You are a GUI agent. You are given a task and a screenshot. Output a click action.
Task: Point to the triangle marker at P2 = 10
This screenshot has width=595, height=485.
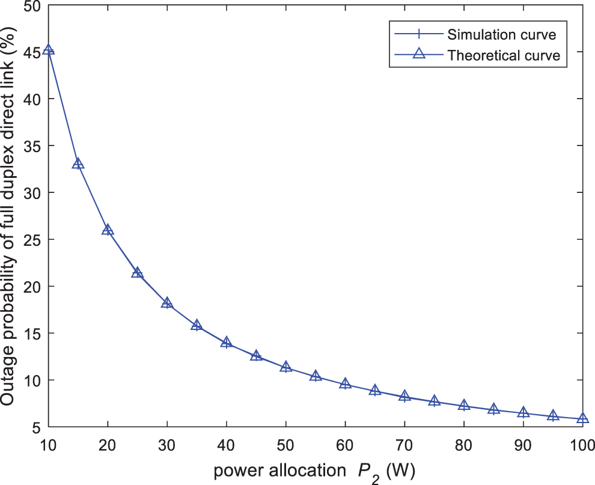tap(49, 50)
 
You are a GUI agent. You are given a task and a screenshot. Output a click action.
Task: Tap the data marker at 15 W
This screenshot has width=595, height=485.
tap(78, 163)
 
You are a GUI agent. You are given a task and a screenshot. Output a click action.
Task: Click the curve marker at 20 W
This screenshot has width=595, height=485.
tap(108, 230)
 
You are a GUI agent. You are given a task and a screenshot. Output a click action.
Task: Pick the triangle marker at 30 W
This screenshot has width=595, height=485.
tap(167, 302)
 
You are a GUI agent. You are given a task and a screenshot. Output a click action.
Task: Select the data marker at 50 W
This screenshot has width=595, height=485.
tap(285, 367)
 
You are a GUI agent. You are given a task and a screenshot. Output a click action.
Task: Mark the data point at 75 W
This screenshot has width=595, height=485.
tap(434, 401)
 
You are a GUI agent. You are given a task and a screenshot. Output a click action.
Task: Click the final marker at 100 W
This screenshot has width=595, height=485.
tap(582, 418)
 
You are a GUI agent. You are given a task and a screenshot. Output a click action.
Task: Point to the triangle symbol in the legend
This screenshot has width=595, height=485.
tap(419, 55)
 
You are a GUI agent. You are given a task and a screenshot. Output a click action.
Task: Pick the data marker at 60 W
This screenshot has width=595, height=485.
tap(345, 383)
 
